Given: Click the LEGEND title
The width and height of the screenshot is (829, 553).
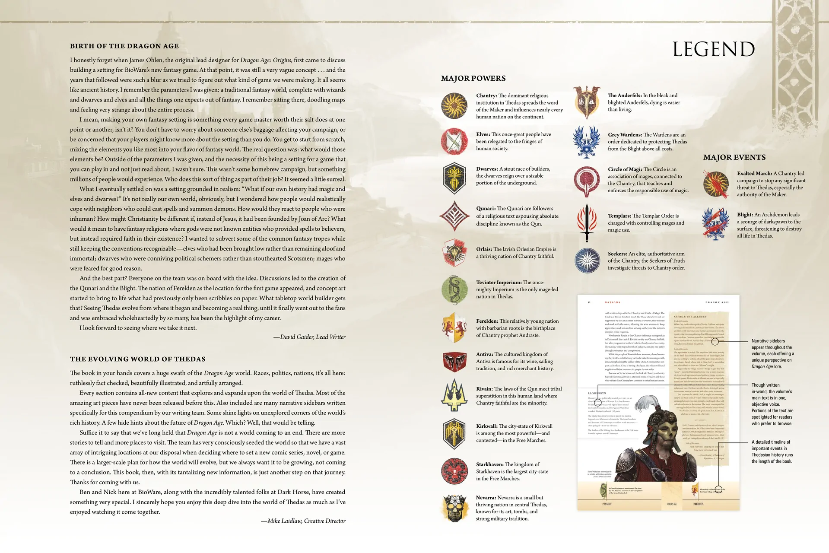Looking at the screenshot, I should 713,49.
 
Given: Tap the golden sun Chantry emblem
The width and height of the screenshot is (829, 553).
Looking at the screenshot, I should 454,106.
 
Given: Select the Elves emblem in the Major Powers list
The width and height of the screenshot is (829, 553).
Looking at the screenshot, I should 454,141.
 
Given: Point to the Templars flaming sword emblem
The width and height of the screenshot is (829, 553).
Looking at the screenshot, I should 587,223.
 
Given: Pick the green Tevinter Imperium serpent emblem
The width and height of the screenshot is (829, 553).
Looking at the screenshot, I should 454,289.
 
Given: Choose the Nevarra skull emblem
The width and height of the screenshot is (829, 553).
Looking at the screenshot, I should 454,508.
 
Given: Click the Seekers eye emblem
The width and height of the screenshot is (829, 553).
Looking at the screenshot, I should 587,261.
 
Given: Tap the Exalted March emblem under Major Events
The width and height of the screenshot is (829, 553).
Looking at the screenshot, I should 716,184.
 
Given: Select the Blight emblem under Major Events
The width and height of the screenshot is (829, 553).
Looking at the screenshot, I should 716,224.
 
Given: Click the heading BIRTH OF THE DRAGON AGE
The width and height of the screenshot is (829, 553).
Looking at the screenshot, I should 124,46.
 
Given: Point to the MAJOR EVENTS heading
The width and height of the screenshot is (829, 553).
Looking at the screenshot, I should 734,158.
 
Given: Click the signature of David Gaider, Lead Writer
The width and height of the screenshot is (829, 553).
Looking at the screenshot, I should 309,337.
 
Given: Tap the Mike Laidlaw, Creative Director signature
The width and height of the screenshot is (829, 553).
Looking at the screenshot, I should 303,521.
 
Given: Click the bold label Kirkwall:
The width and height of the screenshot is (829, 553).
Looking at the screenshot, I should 486,426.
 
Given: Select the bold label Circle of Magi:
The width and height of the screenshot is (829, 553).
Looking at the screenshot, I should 625,169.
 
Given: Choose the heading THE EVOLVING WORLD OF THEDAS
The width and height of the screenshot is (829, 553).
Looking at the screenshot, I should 138,359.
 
